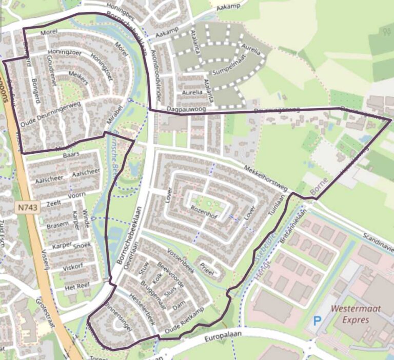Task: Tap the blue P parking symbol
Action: coord(317,322)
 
